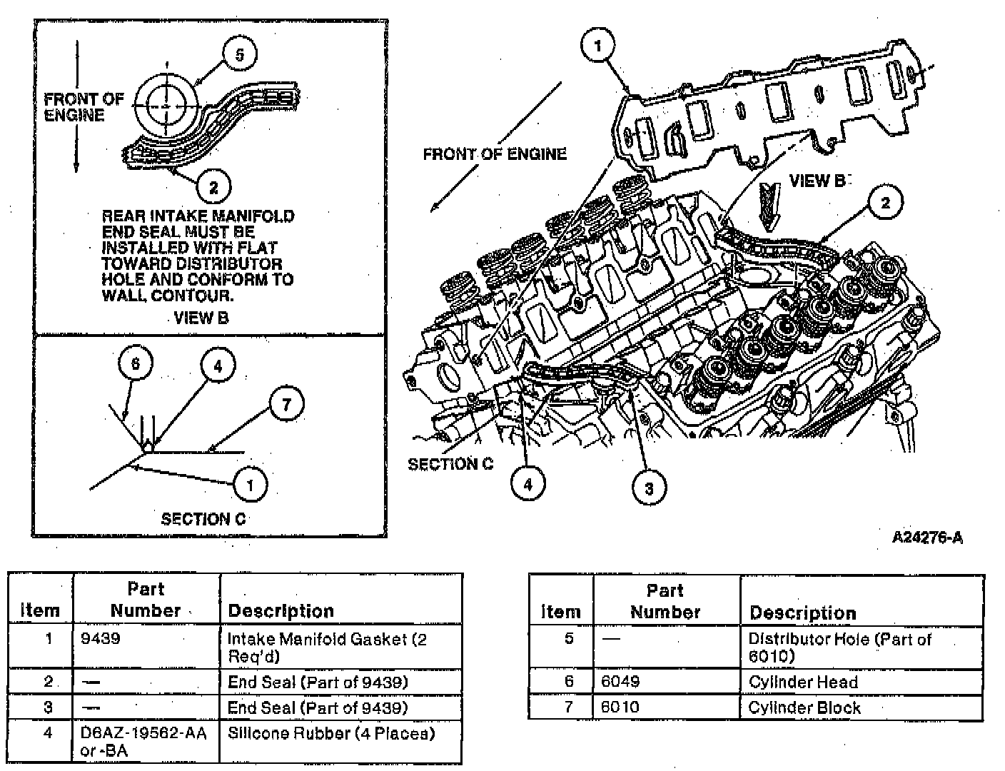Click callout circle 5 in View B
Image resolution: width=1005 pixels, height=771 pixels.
[x=240, y=55]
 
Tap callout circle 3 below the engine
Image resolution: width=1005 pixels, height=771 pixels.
[x=649, y=488]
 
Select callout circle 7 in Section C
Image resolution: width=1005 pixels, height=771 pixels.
[x=286, y=405]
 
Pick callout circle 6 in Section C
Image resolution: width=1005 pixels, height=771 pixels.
[x=136, y=364]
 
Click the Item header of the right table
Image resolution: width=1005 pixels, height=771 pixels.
[x=560, y=612]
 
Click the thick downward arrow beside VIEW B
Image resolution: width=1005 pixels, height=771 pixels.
[x=769, y=205]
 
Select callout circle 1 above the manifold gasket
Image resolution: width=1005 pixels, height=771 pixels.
[x=598, y=46]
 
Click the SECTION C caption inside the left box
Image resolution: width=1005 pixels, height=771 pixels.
[x=203, y=519]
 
